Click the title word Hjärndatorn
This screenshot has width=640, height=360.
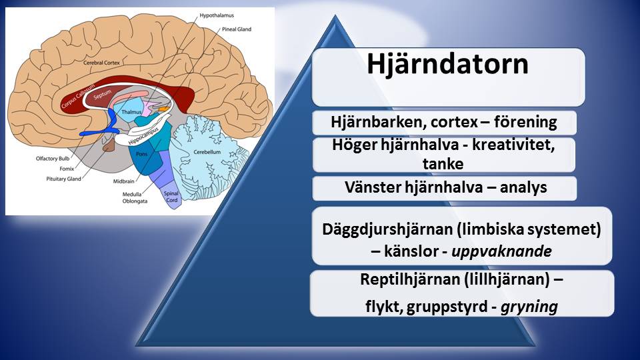(x=447, y=65)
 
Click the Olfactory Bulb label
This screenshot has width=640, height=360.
(x=53, y=159)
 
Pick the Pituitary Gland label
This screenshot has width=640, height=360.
(x=63, y=179)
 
